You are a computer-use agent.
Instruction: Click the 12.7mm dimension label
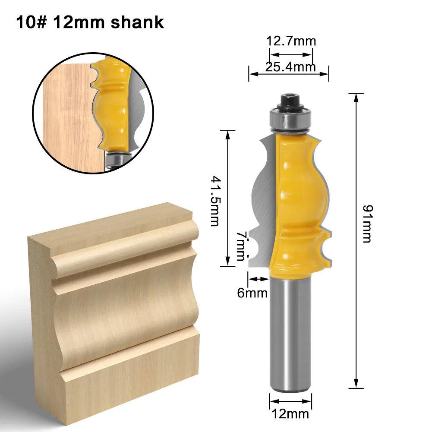coord(291,41)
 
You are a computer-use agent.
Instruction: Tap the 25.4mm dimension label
coord(290,67)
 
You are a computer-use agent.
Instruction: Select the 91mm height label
coord(367,224)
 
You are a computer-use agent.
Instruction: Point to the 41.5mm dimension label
coord(215,201)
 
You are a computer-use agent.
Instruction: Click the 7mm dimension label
coord(240,246)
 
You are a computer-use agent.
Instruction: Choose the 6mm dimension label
coord(252,293)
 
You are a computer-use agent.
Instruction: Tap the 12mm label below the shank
coord(290,414)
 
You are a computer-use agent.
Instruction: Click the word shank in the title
coord(137,22)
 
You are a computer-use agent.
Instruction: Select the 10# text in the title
coord(32,22)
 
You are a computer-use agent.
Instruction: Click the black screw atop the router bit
coord(290,102)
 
